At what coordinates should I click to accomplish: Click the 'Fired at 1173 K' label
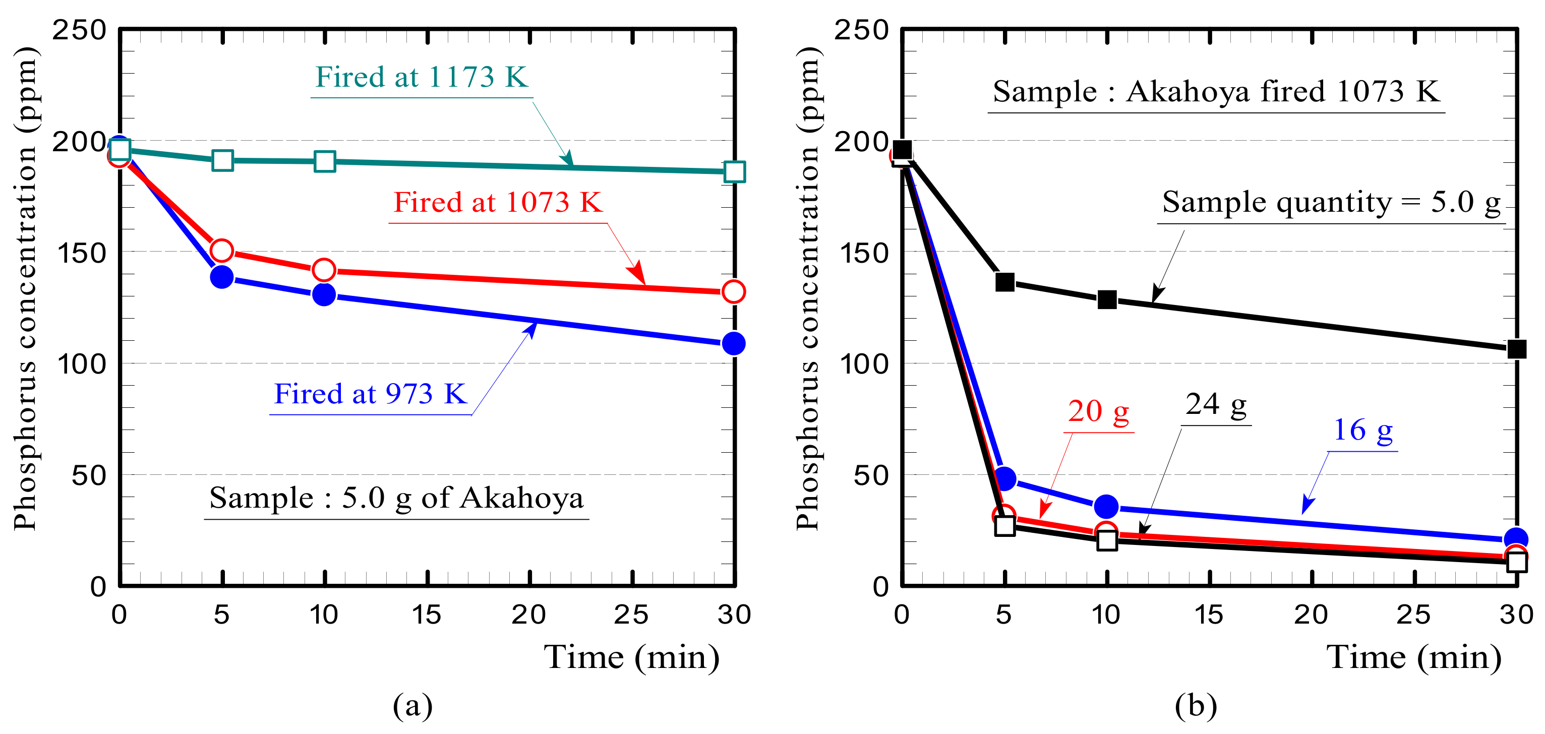pos(421,77)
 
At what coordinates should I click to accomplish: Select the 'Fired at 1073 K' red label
pos(497,202)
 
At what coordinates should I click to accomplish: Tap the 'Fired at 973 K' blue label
pos(370,394)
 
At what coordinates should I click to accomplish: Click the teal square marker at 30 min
pos(734,171)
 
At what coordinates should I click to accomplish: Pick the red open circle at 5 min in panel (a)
pos(222,250)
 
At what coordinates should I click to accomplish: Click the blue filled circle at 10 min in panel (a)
pos(324,294)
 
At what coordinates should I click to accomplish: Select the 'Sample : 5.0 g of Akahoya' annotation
pos(396,498)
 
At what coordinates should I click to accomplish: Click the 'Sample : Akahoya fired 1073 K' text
pos(1216,91)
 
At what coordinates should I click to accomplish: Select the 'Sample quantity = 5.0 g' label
pos(1331,202)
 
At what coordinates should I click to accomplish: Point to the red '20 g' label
pos(1098,411)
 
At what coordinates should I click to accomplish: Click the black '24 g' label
pos(1216,404)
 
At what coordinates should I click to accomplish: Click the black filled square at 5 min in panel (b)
pos(1004,282)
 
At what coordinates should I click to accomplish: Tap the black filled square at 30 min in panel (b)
pos(1516,348)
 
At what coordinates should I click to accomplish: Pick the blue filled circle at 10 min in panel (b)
pos(1107,507)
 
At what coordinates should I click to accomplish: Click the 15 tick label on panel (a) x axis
pos(427,615)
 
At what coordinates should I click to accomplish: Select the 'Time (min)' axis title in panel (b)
pos(1414,657)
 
